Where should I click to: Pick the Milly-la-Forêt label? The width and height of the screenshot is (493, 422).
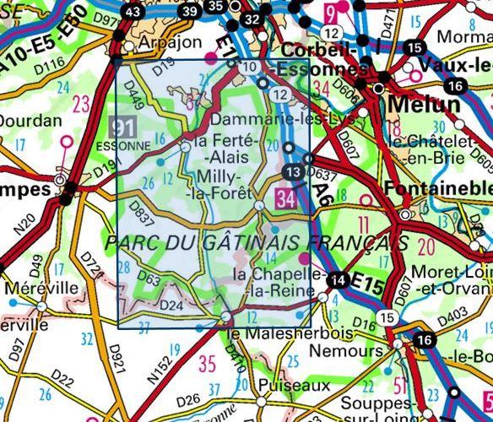pos(224,185)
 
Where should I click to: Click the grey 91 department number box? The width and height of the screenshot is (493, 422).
pos(123,127)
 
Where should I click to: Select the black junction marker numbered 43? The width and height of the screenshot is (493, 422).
pos(132,13)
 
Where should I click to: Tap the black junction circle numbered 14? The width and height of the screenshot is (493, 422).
pos(339,281)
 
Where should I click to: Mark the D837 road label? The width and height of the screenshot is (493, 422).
pos(143,214)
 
